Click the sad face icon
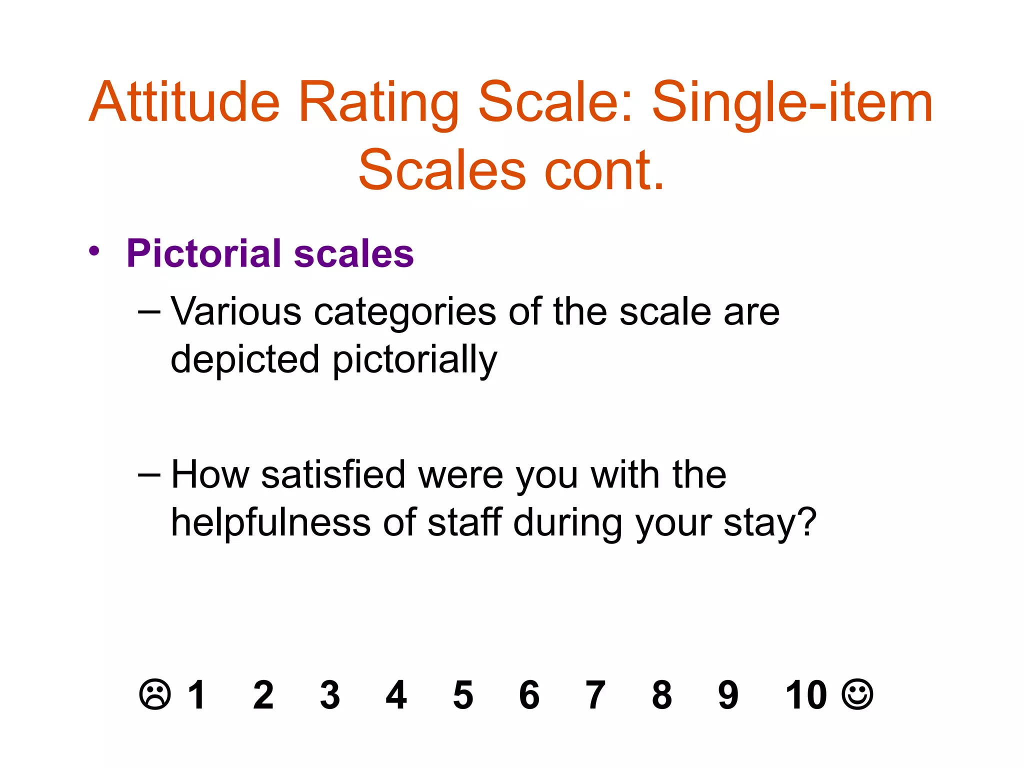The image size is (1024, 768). coord(155,694)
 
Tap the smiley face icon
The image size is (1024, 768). coord(857,694)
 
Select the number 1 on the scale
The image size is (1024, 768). coord(196,694)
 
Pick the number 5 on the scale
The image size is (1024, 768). coord(463,695)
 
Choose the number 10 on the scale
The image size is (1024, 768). coord(806,694)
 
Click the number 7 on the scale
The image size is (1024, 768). coord(595,695)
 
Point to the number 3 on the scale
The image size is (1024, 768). coord(330,695)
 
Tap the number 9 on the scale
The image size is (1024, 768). coord(728,695)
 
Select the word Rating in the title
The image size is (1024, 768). coord(378,104)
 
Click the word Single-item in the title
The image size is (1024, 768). coord(792,104)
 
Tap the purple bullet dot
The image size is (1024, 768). coord(94,251)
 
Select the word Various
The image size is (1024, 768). coord(236,311)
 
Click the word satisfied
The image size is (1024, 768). coord(333,474)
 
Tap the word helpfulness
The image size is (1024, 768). coord(270,522)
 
